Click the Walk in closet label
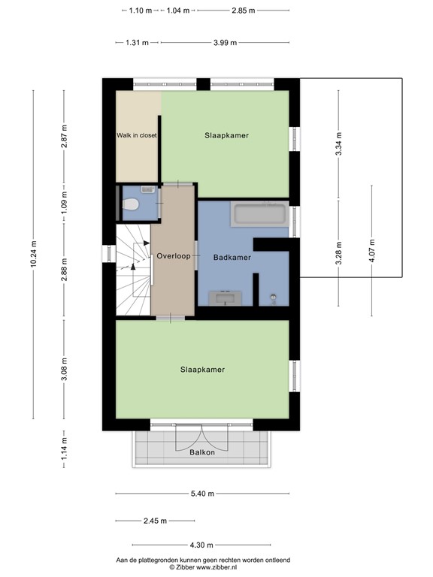(x=136, y=136)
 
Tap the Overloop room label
(x=173, y=256)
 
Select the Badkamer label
(x=232, y=257)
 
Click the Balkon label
(x=202, y=452)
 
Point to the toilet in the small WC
(x=131, y=203)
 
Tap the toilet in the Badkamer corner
(x=272, y=300)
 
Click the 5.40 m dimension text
(x=201, y=494)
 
